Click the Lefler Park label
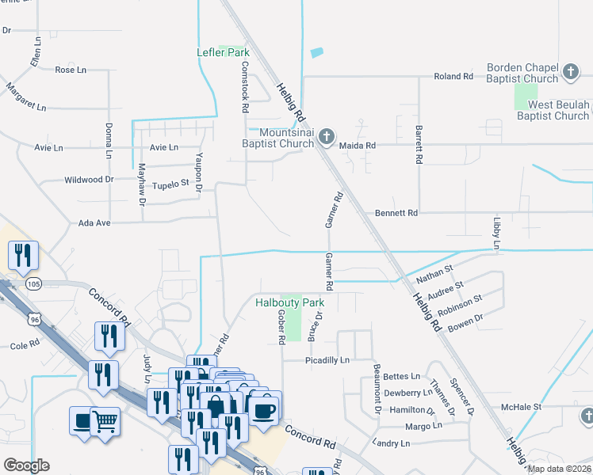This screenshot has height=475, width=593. click(x=223, y=53)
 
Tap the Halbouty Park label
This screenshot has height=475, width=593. click(x=289, y=302)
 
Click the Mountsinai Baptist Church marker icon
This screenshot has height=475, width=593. click(x=325, y=138)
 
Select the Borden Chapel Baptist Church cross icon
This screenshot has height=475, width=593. click(x=569, y=74)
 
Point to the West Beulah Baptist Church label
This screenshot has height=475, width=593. click(x=548, y=110)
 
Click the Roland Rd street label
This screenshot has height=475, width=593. click(x=453, y=76)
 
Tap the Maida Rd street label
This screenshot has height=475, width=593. click(x=357, y=146)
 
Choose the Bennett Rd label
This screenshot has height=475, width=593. click(x=396, y=213)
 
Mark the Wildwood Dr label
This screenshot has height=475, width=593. click(x=89, y=180)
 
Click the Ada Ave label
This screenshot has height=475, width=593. click(x=94, y=223)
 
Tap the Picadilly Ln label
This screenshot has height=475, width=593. click(x=327, y=360)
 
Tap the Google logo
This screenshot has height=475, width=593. click(x=26, y=465)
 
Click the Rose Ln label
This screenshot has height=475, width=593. click(x=71, y=70)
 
